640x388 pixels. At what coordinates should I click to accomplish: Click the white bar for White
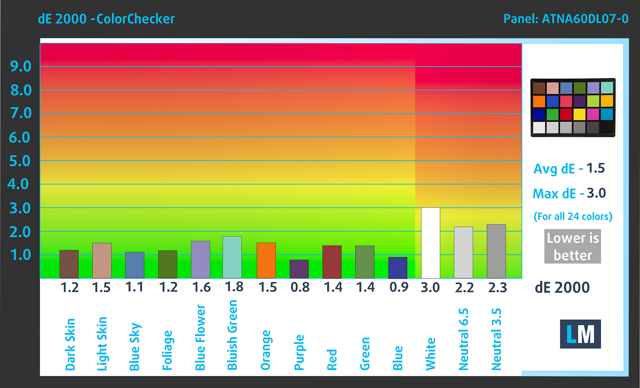click(430, 243)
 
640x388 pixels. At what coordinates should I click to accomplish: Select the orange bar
click(266, 260)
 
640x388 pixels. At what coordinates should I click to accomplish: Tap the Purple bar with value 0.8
click(299, 269)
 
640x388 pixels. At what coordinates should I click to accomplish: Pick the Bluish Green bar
click(232, 257)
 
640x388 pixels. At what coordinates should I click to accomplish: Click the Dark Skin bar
click(69, 264)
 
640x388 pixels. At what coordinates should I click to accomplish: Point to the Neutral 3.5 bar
click(496, 251)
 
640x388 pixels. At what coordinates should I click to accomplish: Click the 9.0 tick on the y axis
click(21, 66)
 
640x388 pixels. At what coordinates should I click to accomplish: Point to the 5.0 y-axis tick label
click(20, 161)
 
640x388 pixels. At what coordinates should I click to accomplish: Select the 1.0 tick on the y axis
click(21, 255)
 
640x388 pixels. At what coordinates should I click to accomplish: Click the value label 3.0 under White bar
click(430, 287)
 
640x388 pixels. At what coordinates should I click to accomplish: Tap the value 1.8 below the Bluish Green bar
click(234, 287)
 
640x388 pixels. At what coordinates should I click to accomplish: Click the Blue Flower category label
click(200, 337)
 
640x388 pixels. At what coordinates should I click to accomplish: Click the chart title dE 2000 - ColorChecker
click(106, 19)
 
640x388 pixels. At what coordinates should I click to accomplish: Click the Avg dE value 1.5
click(595, 168)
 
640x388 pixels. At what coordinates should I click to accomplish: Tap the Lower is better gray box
click(572, 246)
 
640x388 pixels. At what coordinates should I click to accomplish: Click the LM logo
click(580, 334)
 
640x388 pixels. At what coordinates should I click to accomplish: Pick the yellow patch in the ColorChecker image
click(579, 114)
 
